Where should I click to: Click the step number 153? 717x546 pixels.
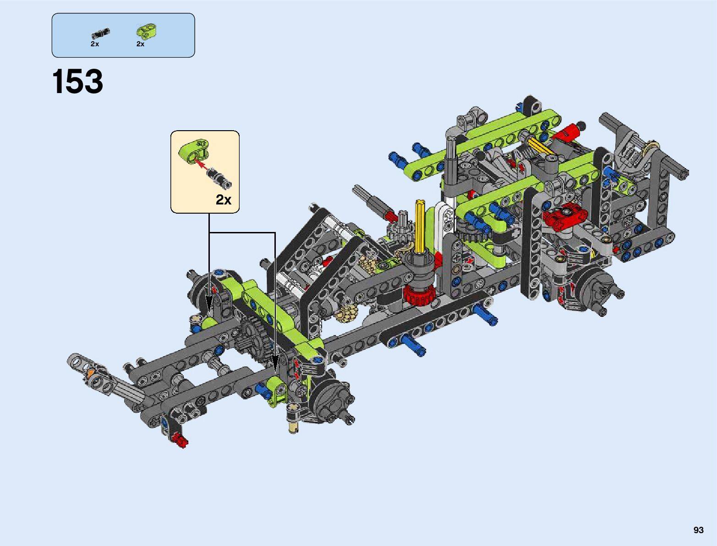coord(77,81)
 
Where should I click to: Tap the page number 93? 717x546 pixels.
coord(698,530)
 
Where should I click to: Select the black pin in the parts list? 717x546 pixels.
coord(100,33)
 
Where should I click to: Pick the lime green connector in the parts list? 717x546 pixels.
coord(146,31)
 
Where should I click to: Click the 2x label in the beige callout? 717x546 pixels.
coord(224,199)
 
